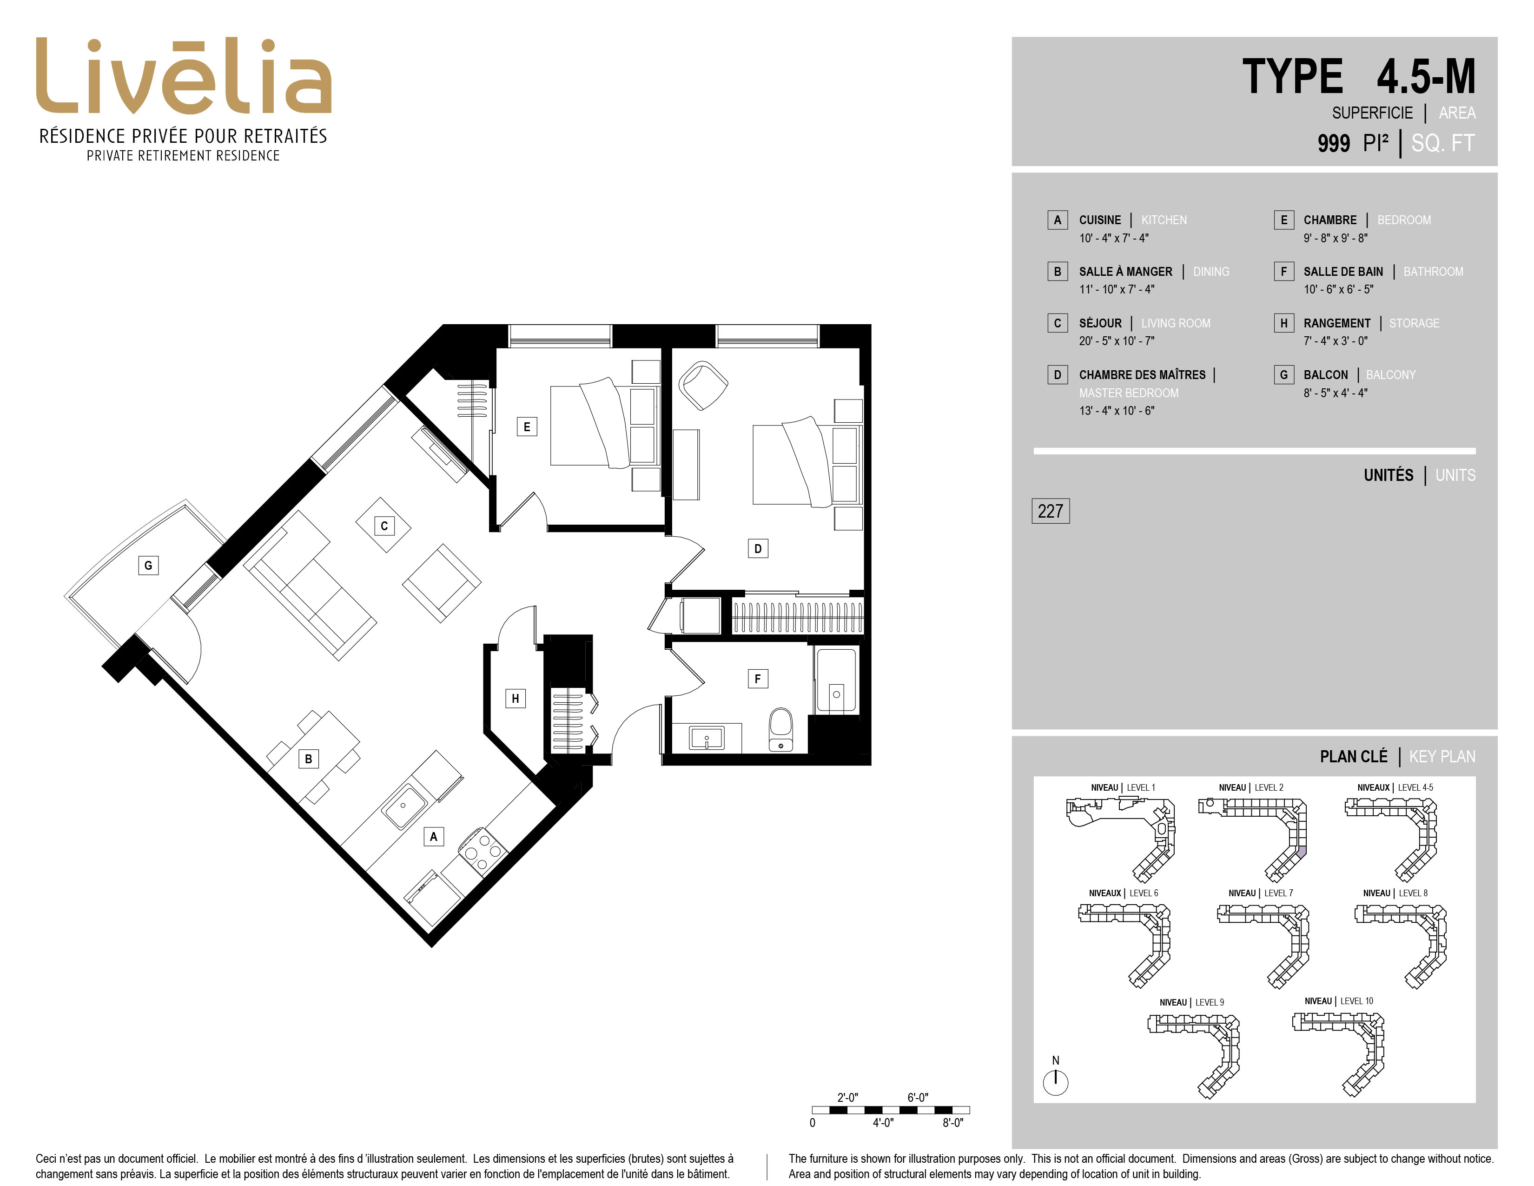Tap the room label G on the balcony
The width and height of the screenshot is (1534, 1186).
[x=148, y=565]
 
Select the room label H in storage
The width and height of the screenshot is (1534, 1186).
[x=516, y=699]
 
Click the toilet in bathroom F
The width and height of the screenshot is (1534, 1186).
[x=781, y=729]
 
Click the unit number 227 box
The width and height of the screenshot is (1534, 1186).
[x=1050, y=511]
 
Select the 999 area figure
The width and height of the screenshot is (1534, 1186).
[x=1333, y=143]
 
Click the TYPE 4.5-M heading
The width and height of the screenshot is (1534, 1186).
[x=1359, y=77]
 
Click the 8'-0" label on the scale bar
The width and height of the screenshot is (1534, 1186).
[x=952, y=1123]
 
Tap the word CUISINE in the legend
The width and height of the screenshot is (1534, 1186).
[x=1100, y=220]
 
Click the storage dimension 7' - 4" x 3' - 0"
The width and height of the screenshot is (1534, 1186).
[x=1335, y=341]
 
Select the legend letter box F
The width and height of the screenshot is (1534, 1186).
[x=1284, y=271]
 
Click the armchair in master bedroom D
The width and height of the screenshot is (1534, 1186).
[x=703, y=385]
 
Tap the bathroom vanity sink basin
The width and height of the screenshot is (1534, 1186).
[x=707, y=739]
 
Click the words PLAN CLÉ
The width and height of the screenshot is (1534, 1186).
[x=1354, y=757]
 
